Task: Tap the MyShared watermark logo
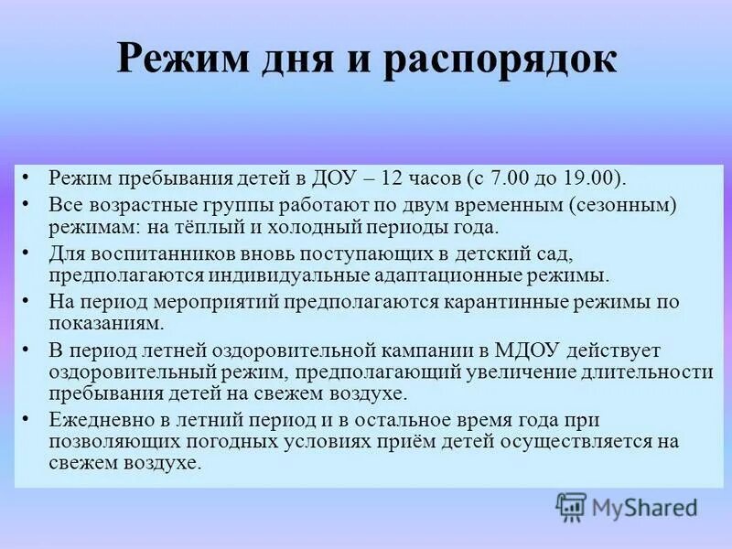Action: pyautogui.click(x=627, y=506)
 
